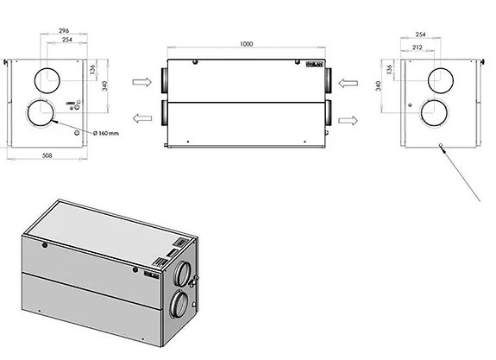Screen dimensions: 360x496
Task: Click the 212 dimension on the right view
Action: [418, 48]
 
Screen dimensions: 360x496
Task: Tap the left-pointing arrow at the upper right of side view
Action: [348, 84]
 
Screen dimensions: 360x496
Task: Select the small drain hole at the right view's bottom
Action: [442, 146]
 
